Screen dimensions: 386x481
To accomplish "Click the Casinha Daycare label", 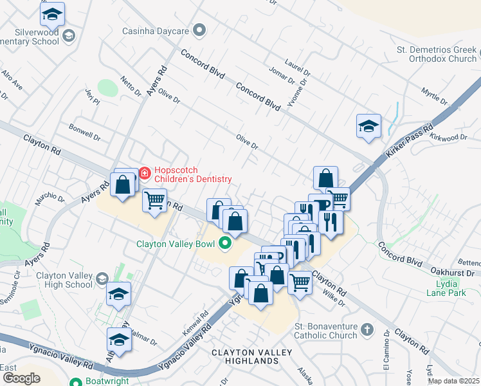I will coord(157,30).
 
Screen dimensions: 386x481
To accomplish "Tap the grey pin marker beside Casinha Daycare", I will coord(200,30).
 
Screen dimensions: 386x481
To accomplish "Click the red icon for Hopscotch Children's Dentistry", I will coord(145,172).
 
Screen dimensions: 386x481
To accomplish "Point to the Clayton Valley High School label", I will coord(64,280).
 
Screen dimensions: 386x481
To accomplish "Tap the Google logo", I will coord(21,378).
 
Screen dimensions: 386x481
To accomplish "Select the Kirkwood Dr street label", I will coord(448,138).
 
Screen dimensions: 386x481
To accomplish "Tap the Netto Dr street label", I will coord(131,87).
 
